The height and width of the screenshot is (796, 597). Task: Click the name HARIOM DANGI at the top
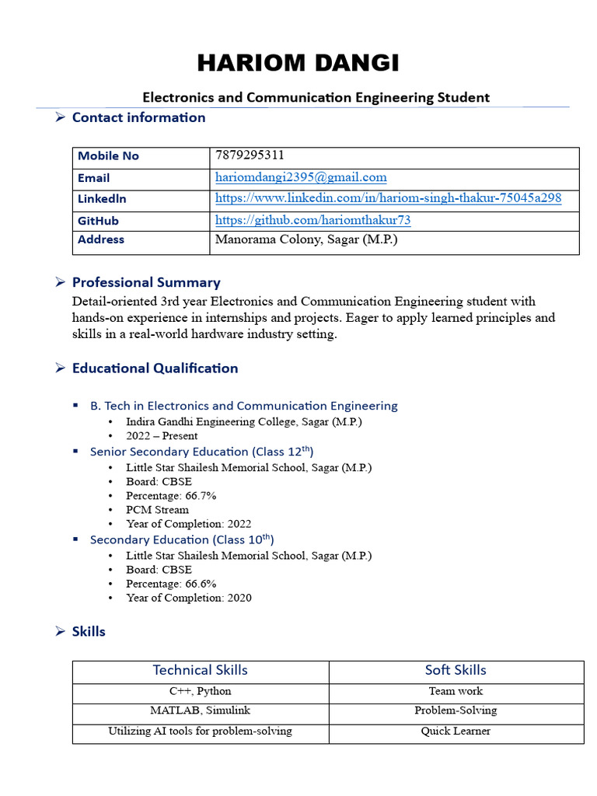(298, 63)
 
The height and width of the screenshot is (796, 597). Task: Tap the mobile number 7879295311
(244, 155)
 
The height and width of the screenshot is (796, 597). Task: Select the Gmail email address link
(301, 177)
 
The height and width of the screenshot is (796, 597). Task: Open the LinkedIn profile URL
(388, 198)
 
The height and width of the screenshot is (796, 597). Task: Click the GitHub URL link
(312, 220)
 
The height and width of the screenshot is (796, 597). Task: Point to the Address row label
(101, 239)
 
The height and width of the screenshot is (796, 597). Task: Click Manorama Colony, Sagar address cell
(306, 239)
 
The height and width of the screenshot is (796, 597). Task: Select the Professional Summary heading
(146, 282)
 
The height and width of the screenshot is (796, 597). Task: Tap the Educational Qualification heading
(155, 368)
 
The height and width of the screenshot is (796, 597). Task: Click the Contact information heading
(138, 117)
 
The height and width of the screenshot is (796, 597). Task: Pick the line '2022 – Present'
(162, 435)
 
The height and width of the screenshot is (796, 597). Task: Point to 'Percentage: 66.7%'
(171, 495)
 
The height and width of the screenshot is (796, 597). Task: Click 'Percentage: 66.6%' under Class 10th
(171, 583)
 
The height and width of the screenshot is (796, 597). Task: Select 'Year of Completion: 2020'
(189, 598)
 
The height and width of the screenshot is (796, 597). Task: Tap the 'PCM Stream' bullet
(157, 510)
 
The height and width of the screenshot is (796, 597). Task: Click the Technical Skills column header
(201, 670)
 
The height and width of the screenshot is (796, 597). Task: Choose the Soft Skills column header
(456, 670)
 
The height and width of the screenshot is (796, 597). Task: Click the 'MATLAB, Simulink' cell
(201, 710)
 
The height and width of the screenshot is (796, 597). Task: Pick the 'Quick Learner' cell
(456, 731)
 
